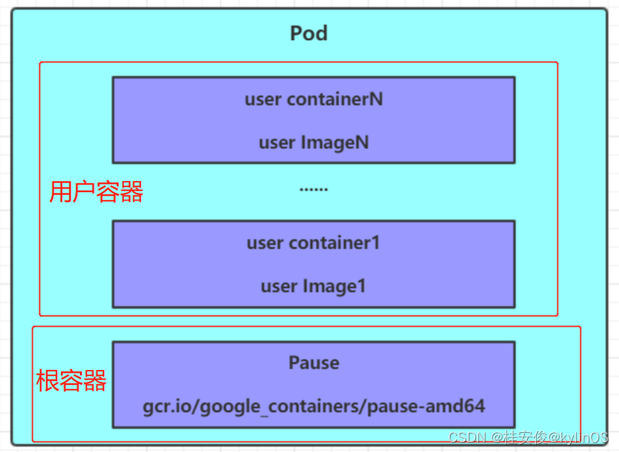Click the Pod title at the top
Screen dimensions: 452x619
pos(309,33)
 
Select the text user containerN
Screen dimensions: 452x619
pos(313,99)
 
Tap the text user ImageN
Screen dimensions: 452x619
pos(313,142)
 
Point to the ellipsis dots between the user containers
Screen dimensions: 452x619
pos(313,189)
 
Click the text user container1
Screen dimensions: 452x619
pos(313,243)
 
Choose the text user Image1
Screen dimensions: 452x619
pos(313,286)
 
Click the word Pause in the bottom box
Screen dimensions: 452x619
pos(313,363)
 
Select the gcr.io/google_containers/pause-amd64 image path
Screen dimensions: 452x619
pos(313,406)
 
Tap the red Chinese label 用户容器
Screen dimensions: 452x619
pos(96,192)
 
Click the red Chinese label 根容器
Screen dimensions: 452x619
pos(71,380)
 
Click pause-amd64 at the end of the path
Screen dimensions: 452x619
pos(426,406)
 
